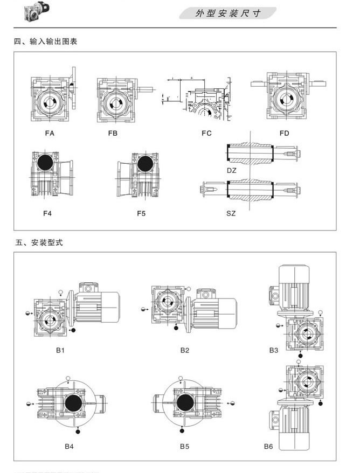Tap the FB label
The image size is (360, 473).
113,133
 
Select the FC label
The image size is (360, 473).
206,133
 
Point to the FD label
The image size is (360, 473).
285,133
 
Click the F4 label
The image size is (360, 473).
47,213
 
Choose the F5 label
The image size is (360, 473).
141,213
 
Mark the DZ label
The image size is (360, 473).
231,170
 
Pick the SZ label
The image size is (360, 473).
231,213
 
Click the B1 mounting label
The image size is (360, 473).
60,350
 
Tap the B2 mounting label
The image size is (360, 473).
185,350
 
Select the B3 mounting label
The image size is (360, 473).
274,350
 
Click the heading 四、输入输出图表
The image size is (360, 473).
46,41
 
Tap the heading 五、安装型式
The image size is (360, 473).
38,242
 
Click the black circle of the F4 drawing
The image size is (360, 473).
44,162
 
